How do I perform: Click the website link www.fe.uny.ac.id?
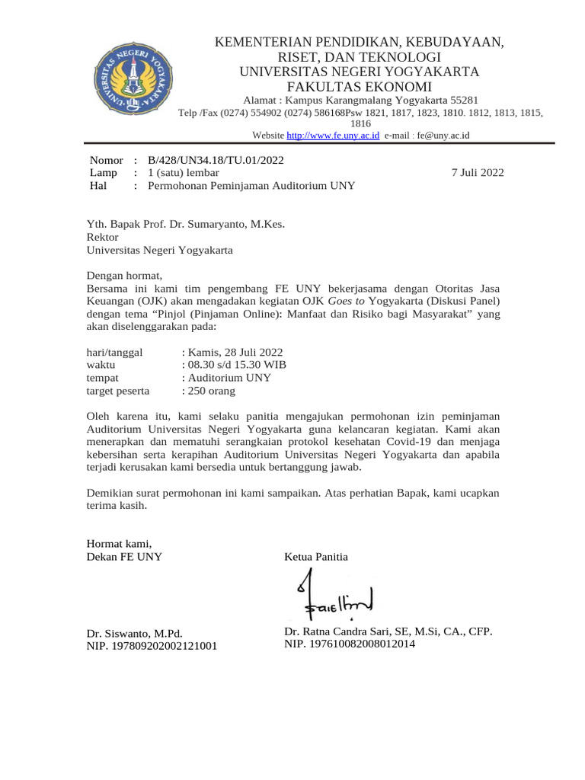pyautogui.click(x=333, y=135)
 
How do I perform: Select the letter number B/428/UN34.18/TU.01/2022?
pyautogui.click(x=216, y=160)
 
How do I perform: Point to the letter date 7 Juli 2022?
pyautogui.click(x=478, y=173)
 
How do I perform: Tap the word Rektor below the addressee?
pyautogui.click(x=103, y=237)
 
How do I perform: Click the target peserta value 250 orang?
pyautogui.click(x=210, y=391)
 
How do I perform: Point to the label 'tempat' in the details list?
pyautogui.click(x=103, y=378)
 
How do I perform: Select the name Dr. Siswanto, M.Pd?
pyautogui.click(x=135, y=633)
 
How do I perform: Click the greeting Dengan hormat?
pyautogui.click(x=125, y=276)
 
